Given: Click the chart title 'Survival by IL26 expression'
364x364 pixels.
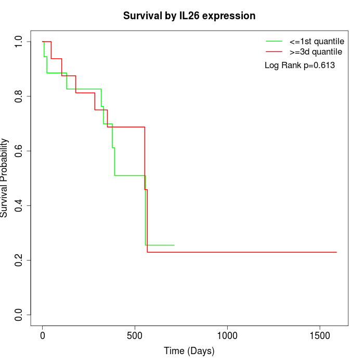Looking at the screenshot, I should click(189, 16).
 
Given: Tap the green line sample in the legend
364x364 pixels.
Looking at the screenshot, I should click(274, 41).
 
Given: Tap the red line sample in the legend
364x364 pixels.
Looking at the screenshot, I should click(274, 52).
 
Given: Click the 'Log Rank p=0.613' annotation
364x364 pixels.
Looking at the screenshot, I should click(300, 66).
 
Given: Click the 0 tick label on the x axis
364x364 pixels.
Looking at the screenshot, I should click(43, 336).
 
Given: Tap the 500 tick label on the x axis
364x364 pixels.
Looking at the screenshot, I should click(135, 336).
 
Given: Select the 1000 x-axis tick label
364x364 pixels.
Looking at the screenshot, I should click(227, 336).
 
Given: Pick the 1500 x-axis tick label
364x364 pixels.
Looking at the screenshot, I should click(319, 336).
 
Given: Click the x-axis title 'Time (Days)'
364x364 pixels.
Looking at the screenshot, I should click(189, 351).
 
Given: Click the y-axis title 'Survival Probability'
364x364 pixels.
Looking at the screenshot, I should click(5, 178).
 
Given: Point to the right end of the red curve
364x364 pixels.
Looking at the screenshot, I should click(336, 252).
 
